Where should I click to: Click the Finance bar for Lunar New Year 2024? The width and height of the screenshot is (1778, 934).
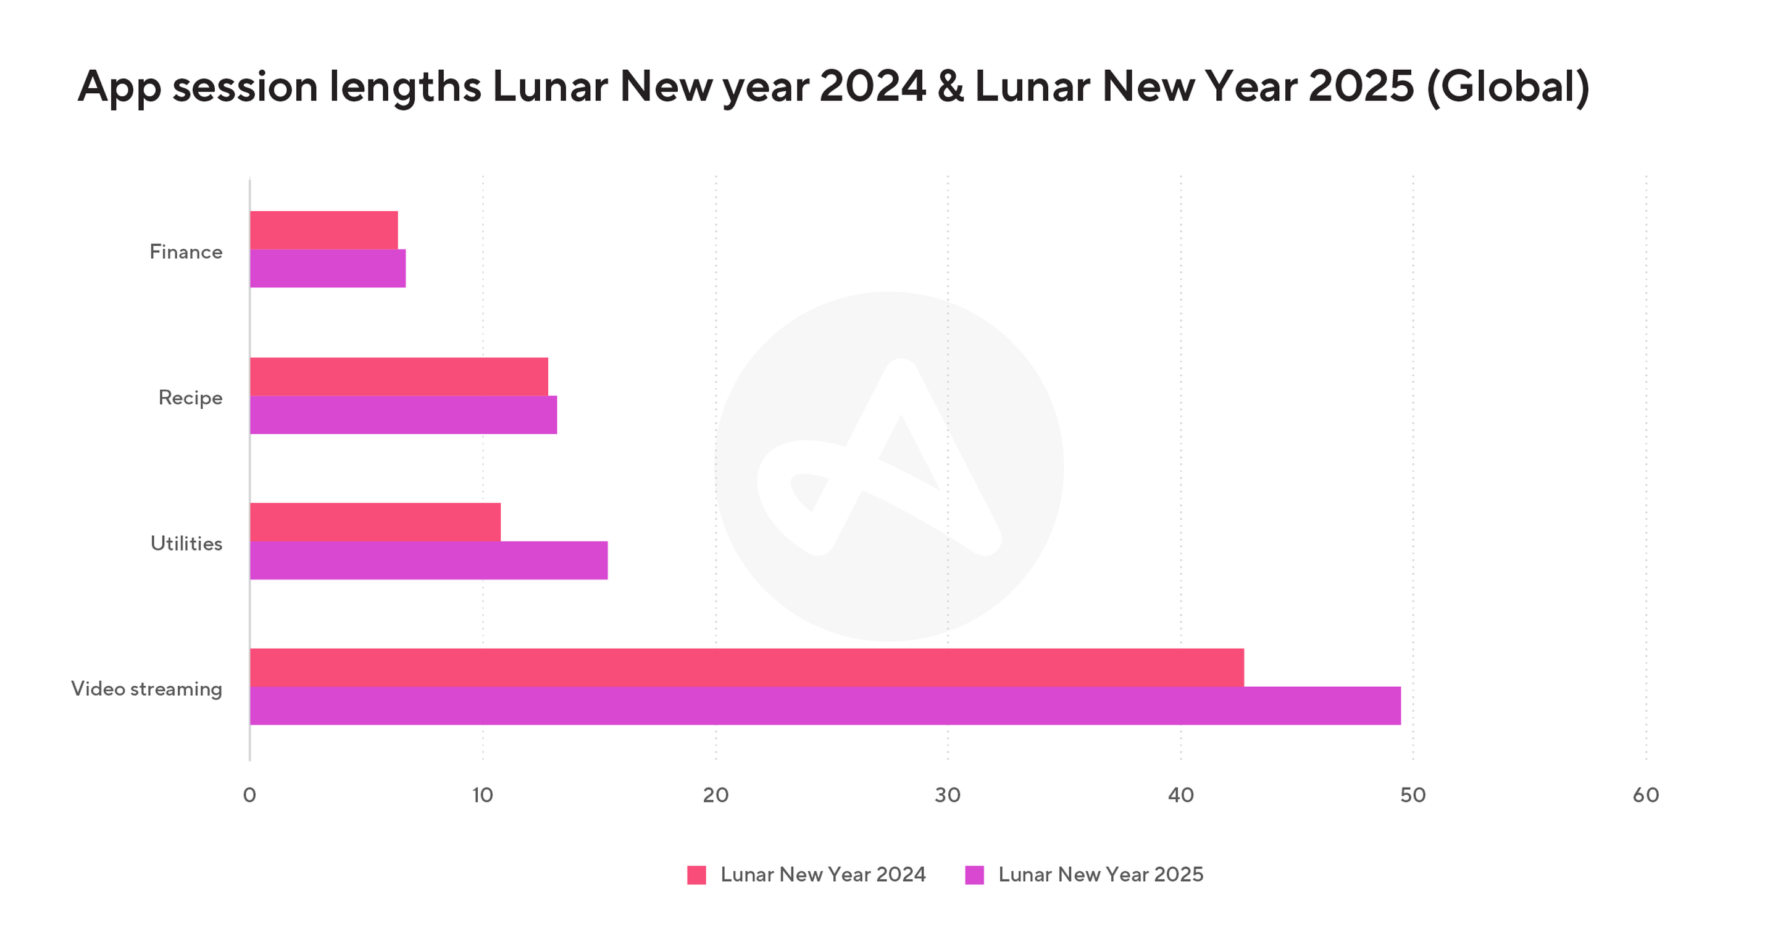323,230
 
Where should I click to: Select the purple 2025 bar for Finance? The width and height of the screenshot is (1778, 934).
328,269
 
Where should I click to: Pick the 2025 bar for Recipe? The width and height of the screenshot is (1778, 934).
403,415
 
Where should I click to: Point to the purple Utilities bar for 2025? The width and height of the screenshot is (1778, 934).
428,561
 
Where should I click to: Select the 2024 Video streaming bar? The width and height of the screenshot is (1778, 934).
747,667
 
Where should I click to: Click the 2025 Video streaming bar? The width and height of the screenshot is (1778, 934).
825,706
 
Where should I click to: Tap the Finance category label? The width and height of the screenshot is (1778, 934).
186,252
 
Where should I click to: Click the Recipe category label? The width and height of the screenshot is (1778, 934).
191,398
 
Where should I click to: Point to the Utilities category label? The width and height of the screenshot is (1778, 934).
186,544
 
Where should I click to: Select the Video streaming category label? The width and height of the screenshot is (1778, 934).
146,689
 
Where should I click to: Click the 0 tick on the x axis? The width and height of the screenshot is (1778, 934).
249,795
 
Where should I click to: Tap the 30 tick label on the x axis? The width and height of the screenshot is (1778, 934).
948,795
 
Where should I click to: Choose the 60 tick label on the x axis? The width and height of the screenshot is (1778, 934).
1645,795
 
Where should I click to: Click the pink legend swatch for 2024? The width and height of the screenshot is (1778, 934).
696,875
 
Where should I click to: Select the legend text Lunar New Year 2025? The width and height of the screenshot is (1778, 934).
1100,875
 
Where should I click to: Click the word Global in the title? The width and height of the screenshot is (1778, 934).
1508,87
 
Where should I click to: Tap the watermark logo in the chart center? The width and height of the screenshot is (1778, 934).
889,466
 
